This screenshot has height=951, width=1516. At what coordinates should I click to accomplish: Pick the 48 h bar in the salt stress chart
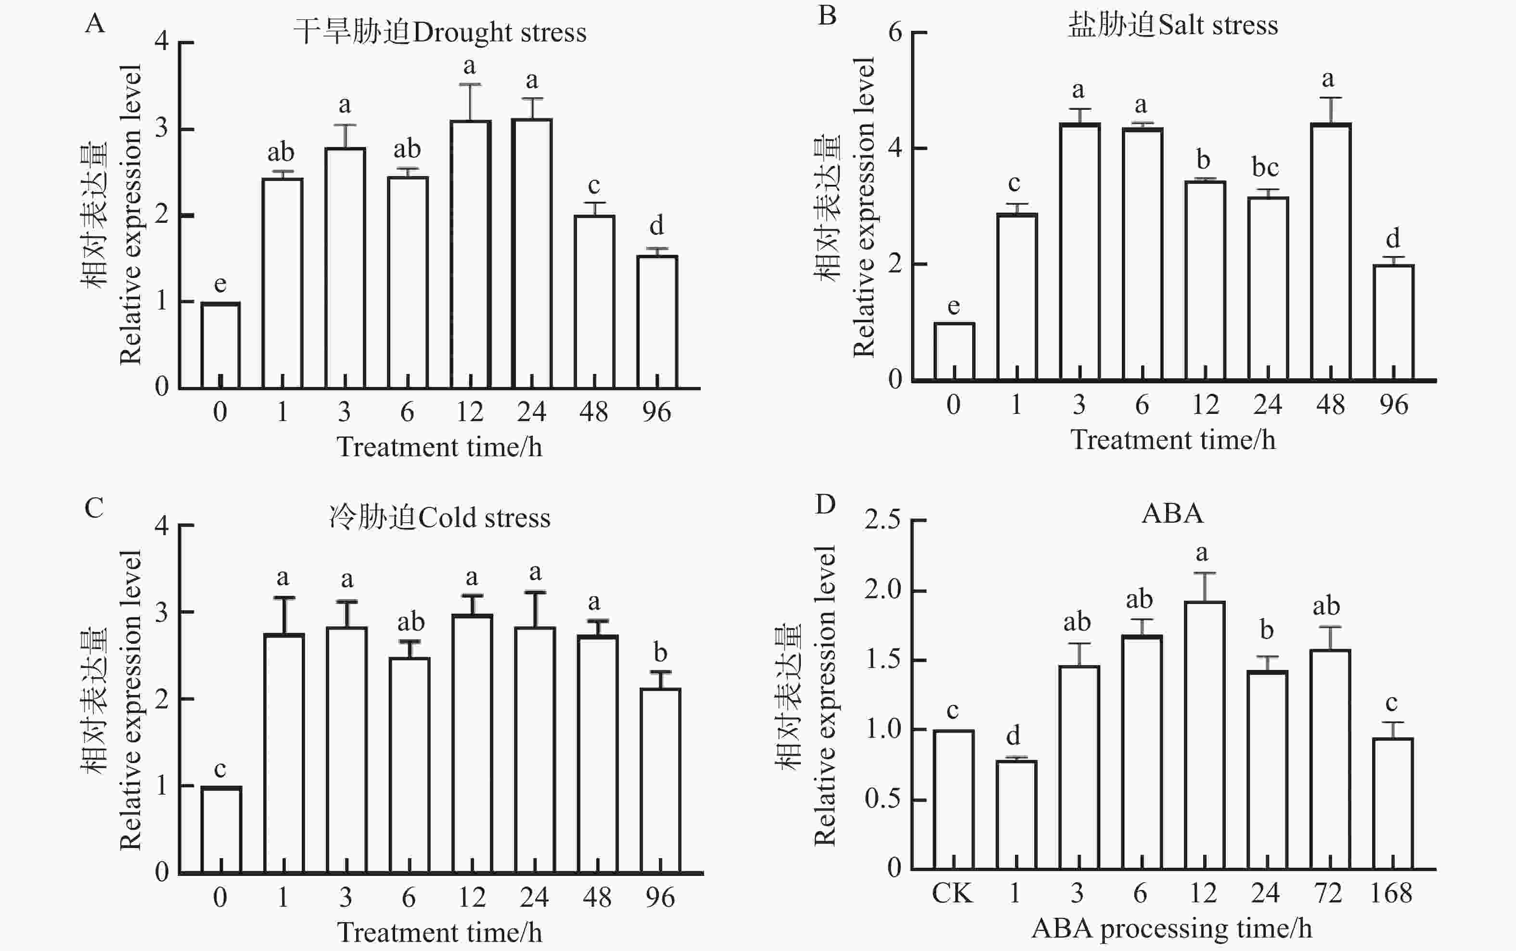pos(1331,252)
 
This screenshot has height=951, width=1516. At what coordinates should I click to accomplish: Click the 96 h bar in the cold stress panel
pos(660,780)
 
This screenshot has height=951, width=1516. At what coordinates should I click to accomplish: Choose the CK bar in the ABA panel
pos(953,799)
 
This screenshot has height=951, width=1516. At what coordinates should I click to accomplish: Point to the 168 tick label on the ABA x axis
pos(1391,893)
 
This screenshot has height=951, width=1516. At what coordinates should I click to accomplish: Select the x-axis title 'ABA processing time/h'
pos(1172,928)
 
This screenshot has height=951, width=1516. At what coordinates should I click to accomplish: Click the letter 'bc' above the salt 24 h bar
pos(1265,167)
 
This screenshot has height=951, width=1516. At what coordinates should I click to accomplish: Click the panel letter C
pos(94,508)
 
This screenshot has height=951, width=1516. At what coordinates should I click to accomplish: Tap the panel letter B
pos(827,15)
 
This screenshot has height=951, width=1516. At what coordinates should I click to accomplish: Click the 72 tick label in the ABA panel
pos(1328,893)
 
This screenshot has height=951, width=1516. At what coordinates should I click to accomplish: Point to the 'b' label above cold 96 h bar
pos(660,653)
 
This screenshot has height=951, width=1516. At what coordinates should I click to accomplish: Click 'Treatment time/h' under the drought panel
pos(439,447)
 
